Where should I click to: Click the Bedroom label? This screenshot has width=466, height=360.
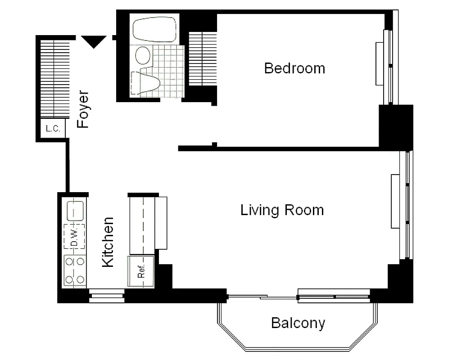pos(294,68)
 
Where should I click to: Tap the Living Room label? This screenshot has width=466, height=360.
pos(282,210)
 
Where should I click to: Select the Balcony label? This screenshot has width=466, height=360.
pos(298,323)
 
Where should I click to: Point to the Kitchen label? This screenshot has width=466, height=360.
pos(108,242)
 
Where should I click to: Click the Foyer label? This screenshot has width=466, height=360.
pos(83,110)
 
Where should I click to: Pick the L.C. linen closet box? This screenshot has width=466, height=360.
pos(53,129)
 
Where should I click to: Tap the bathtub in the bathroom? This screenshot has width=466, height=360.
pos(154,30)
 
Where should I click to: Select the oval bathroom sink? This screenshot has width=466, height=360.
pos(144,55)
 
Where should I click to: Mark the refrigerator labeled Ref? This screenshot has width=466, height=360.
pos(141,271)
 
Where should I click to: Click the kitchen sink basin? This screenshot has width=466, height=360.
pos(75,210)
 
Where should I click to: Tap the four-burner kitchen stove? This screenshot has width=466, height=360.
pos(75,270)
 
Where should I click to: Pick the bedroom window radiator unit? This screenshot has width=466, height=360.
pos(380,63)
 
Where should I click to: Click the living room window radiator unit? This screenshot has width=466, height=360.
pos(395,201)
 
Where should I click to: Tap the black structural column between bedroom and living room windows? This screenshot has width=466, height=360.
pos(396,126)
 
